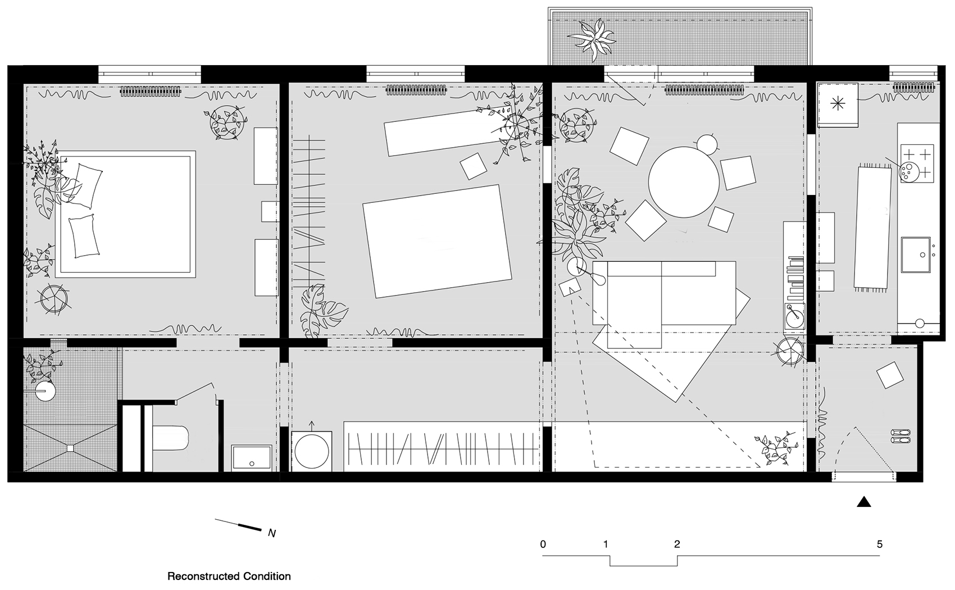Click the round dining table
(684, 182)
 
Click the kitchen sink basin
(916, 255)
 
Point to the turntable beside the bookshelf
(794, 316)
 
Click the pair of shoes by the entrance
(901, 435)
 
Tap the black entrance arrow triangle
(864, 502)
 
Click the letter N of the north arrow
(272, 533)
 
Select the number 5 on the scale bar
(880, 544)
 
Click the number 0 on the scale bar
(543, 544)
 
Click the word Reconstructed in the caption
(203, 577)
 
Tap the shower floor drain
(70, 448)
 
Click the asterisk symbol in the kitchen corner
(838, 103)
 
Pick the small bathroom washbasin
(252, 458)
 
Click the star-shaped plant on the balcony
(593, 39)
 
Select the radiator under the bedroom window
(151, 90)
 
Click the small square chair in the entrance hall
(890, 375)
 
